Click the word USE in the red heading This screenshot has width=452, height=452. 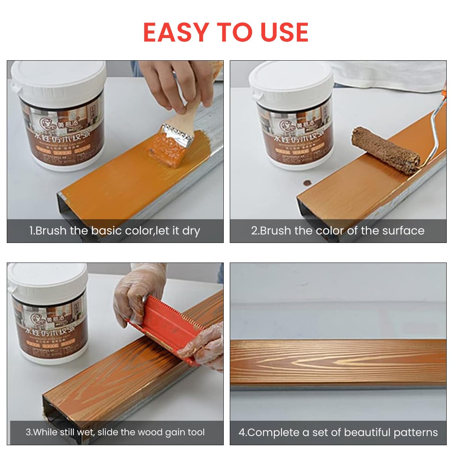pyautogui.click(x=285, y=32)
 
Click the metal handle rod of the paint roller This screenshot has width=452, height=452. pyautogui.click(x=437, y=124)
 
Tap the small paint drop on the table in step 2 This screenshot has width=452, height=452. pyautogui.click(x=307, y=182)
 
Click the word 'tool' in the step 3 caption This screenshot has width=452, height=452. pyautogui.click(x=195, y=432)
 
